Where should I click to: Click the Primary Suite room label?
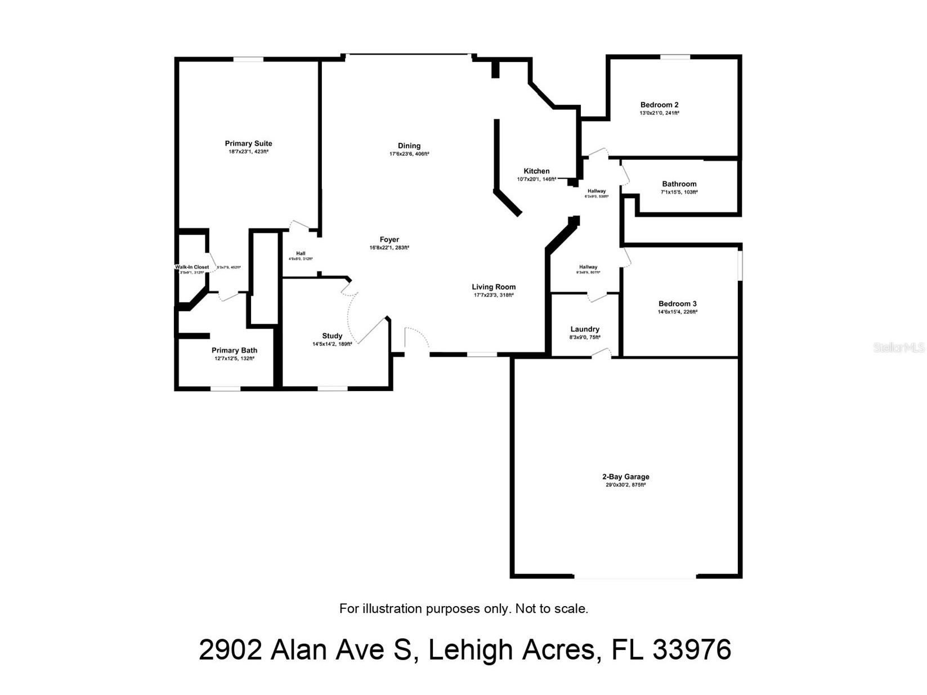click(x=248, y=144)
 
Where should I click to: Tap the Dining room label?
click(x=409, y=146)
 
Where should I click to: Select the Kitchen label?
click(x=536, y=171)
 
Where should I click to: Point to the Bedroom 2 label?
click(x=659, y=105)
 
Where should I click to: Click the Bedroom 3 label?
click(x=677, y=304)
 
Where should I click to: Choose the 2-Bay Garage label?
click(x=625, y=477)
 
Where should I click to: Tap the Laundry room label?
click(x=585, y=329)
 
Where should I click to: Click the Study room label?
click(x=332, y=336)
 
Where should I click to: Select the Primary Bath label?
click(x=234, y=351)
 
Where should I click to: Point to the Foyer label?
click(x=389, y=240)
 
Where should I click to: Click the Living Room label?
click(x=494, y=287)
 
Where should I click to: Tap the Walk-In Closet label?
click(x=192, y=267)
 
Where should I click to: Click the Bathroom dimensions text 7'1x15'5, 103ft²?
click(x=679, y=192)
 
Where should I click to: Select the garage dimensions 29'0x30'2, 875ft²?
click(x=625, y=485)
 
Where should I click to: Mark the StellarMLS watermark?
click(x=898, y=348)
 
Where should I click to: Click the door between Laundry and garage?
click(x=601, y=353)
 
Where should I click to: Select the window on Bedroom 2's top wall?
click(x=675, y=57)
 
